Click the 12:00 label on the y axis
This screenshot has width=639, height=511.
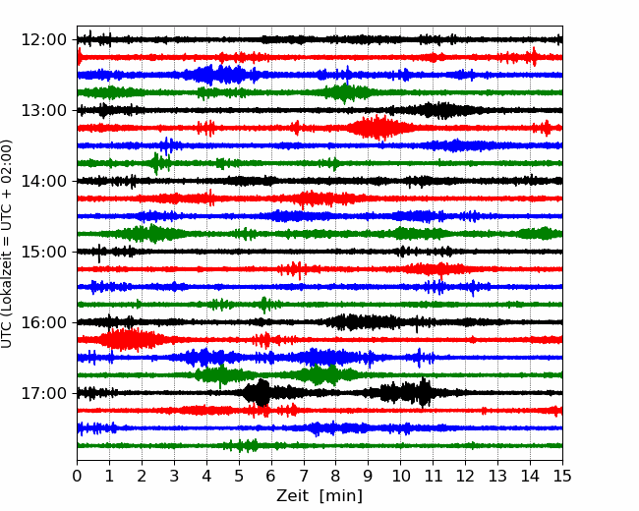click(43, 40)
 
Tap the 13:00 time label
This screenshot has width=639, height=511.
click(43, 110)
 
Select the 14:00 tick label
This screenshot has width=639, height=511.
click(43, 181)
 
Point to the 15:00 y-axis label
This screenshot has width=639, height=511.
click(43, 252)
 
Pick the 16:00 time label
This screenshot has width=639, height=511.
click(43, 322)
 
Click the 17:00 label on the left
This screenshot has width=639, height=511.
click(43, 393)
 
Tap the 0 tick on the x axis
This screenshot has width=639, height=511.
click(77, 476)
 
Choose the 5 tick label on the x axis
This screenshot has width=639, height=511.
click(239, 476)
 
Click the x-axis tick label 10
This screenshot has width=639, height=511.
click(400, 476)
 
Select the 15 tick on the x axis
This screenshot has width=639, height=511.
click(562, 476)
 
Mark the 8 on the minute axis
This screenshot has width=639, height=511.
click(336, 476)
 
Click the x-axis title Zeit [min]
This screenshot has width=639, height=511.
click(319, 496)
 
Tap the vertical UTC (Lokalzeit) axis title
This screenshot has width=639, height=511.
click(6, 244)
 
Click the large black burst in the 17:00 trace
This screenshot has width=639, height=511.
click(258, 393)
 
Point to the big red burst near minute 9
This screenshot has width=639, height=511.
click(379, 128)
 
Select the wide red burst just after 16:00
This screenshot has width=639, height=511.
click(128, 339)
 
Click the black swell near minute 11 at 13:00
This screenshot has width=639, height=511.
click(444, 110)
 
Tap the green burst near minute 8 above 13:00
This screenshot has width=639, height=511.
click(344, 92)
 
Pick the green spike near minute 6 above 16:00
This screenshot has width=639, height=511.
click(264, 305)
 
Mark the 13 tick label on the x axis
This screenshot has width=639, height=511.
click(497, 476)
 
